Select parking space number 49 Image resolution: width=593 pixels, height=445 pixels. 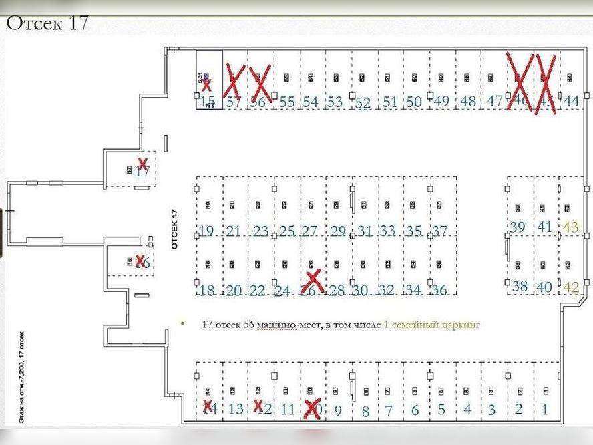coord(441,102)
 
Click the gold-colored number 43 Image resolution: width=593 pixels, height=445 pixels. coord(571,227)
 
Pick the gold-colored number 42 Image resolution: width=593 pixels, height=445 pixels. coord(572,287)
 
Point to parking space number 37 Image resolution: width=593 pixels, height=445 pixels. coord(439,231)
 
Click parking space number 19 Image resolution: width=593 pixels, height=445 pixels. coord(206,231)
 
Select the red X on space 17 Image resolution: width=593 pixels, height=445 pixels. coord(142,164)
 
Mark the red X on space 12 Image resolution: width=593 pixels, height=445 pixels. coord(258,406)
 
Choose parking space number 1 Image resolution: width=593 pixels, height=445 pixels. coord(545,410)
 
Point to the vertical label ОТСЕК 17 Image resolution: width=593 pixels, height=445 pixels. coord(175,229)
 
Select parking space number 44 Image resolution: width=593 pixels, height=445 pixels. coord(571,101)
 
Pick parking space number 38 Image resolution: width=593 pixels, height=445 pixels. coord(520,287)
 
